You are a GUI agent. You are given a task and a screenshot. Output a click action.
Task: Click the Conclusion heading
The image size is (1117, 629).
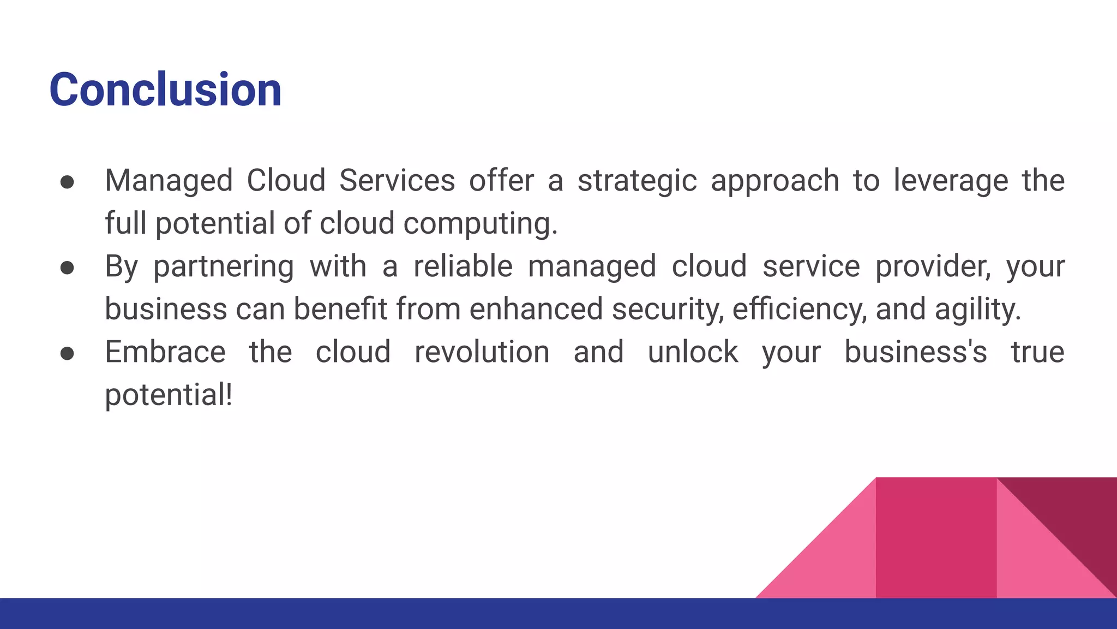(x=165, y=90)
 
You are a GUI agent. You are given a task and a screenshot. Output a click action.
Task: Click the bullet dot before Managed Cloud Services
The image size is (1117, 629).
(x=67, y=182)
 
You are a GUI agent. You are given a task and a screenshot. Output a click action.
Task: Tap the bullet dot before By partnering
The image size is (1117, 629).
(x=67, y=268)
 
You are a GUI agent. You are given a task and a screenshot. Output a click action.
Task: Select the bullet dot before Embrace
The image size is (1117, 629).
(x=67, y=353)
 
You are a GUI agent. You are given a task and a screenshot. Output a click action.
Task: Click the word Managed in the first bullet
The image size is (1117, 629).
(x=169, y=181)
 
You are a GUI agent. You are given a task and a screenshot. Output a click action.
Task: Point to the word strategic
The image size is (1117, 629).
(x=637, y=181)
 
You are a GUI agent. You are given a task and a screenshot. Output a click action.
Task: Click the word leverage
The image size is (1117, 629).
(x=951, y=181)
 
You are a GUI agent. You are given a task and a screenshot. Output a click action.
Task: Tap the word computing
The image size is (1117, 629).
(x=480, y=224)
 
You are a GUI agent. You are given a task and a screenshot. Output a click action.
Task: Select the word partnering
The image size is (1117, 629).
(x=223, y=267)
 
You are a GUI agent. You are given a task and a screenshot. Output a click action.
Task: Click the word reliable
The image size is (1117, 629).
(x=463, y=266)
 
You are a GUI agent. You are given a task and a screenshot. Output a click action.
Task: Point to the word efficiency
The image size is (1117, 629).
(x=799, y=310)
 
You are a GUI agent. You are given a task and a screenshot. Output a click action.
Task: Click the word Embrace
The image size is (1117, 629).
(x=165, y=352)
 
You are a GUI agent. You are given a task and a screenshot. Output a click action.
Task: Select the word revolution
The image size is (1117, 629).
(x=482, y=352)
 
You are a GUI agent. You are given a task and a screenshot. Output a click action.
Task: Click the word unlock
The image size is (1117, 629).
(x=693, y=352)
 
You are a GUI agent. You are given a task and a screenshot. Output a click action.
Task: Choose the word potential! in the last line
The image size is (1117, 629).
(x=169, y=395)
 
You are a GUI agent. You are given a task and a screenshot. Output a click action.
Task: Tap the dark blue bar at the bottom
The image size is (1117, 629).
(x=558, y=614)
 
